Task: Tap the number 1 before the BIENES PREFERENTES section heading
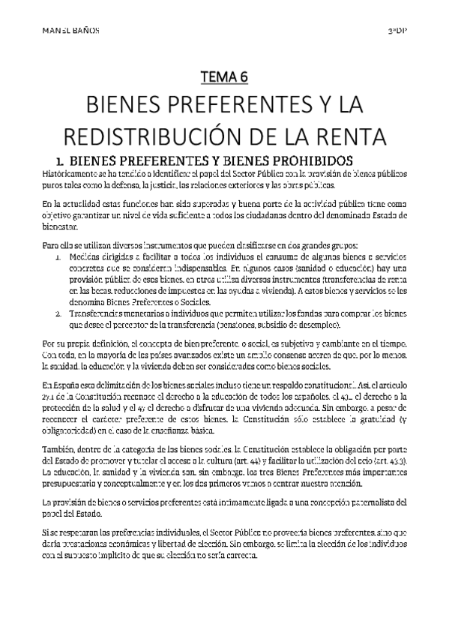[49, 160]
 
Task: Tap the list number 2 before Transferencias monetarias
[58, 313]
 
